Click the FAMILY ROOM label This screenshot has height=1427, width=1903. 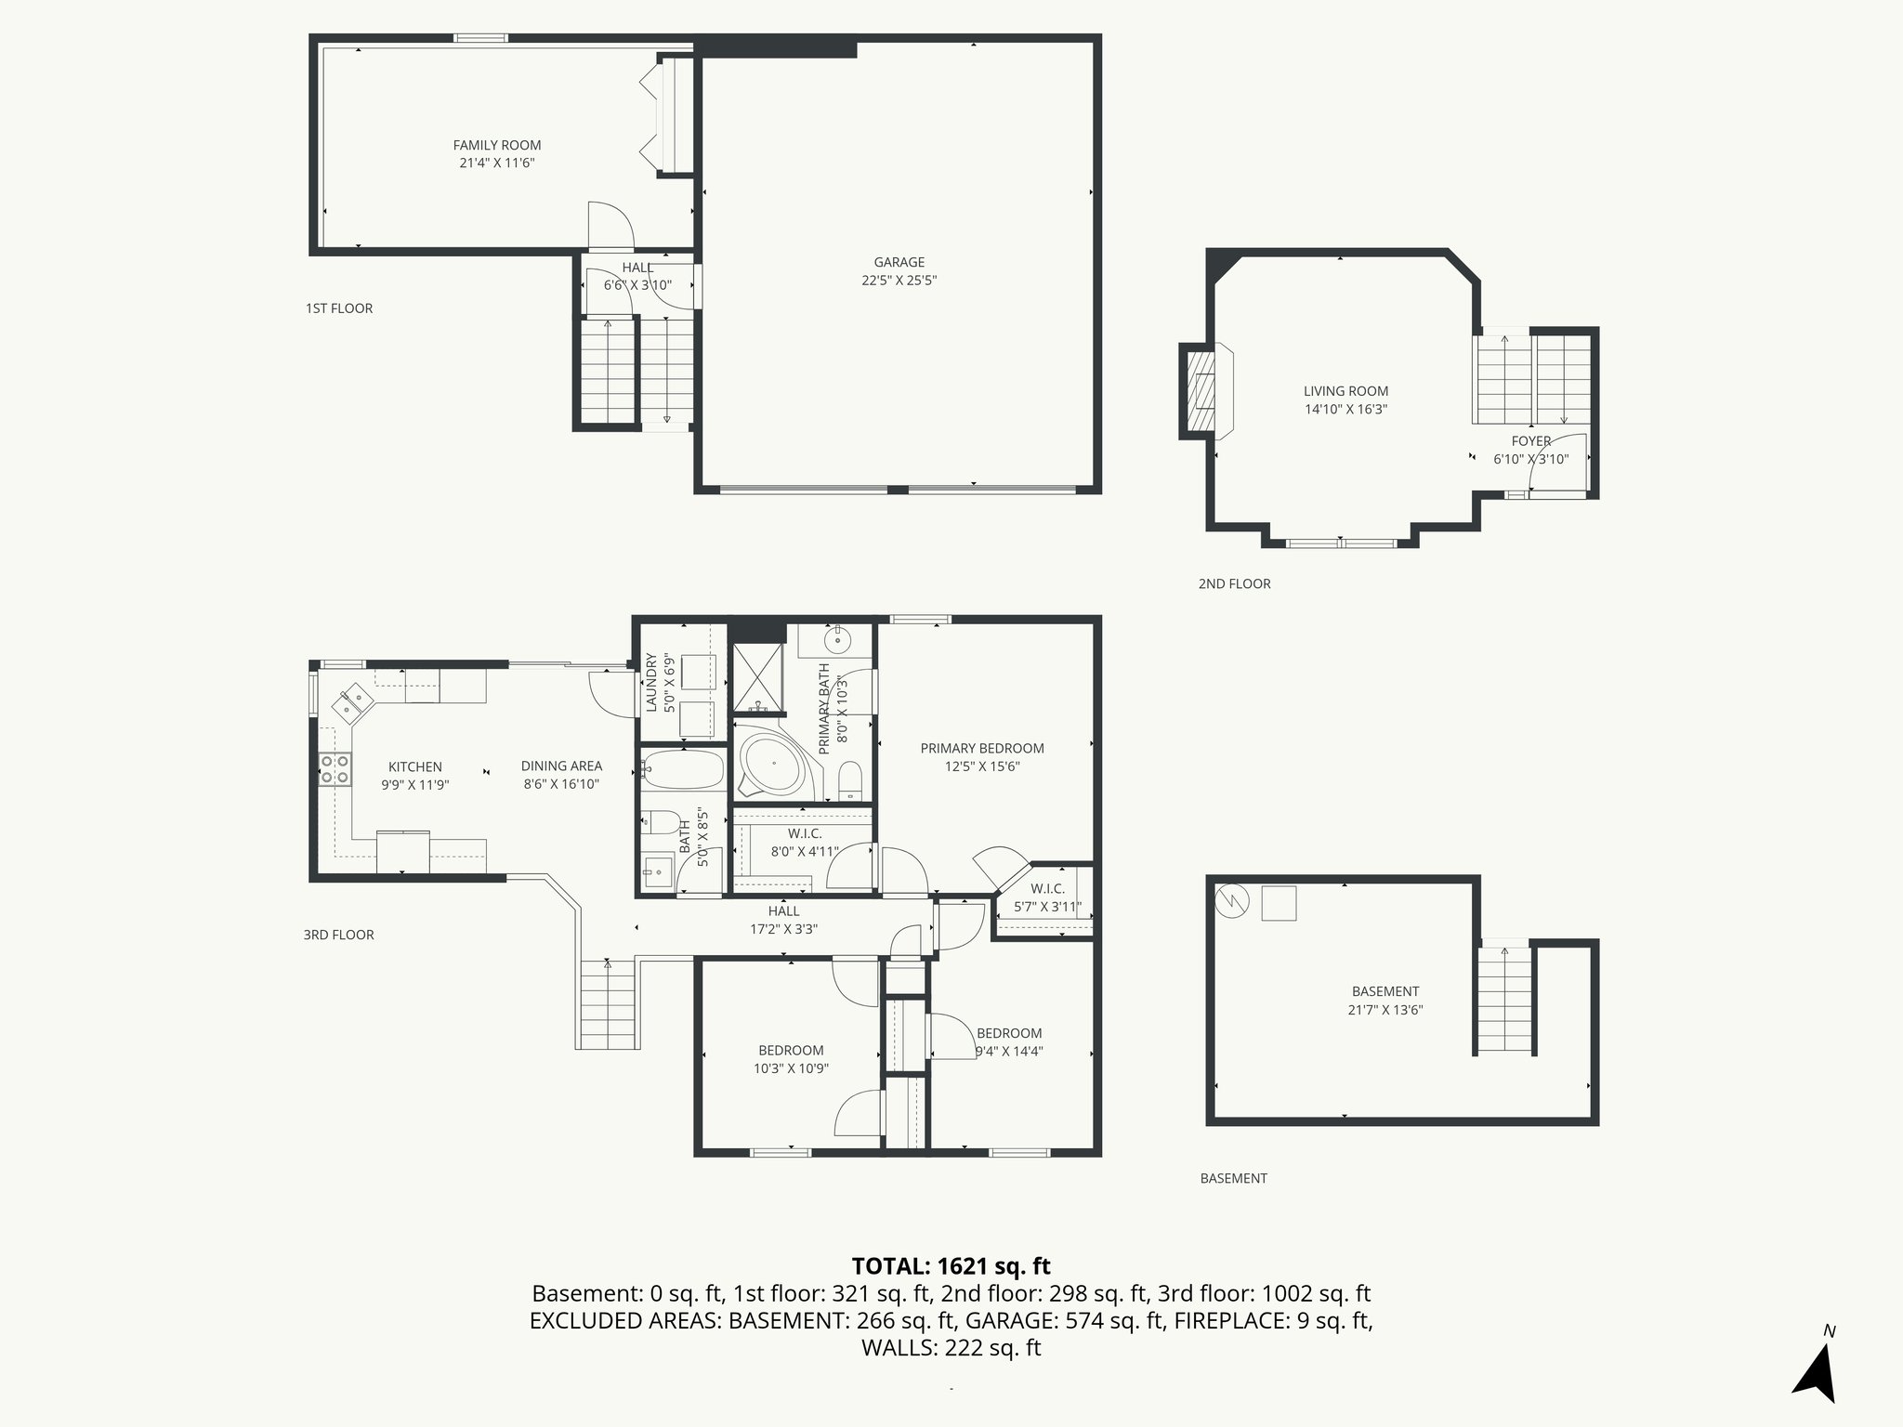pos(496,145)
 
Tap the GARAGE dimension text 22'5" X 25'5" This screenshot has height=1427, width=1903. pos(899,281)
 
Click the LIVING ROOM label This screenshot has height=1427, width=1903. pos(1345,391)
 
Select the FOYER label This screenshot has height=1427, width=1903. pos(1530,441)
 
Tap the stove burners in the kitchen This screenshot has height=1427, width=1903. pos(335,769)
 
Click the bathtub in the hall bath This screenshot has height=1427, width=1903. pos(683,769)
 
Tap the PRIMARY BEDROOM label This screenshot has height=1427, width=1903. pos(982,748)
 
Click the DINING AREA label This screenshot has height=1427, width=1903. pos(561,766)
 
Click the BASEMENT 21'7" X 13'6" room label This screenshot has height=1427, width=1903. pos(1385,991)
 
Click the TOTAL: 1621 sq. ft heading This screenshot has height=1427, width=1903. pos(951,1265)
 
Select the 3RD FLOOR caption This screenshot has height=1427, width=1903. pos(338,935)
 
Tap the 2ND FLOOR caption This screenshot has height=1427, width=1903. pos(1234,583)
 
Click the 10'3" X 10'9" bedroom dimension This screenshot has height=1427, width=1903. pos(791,1068)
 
